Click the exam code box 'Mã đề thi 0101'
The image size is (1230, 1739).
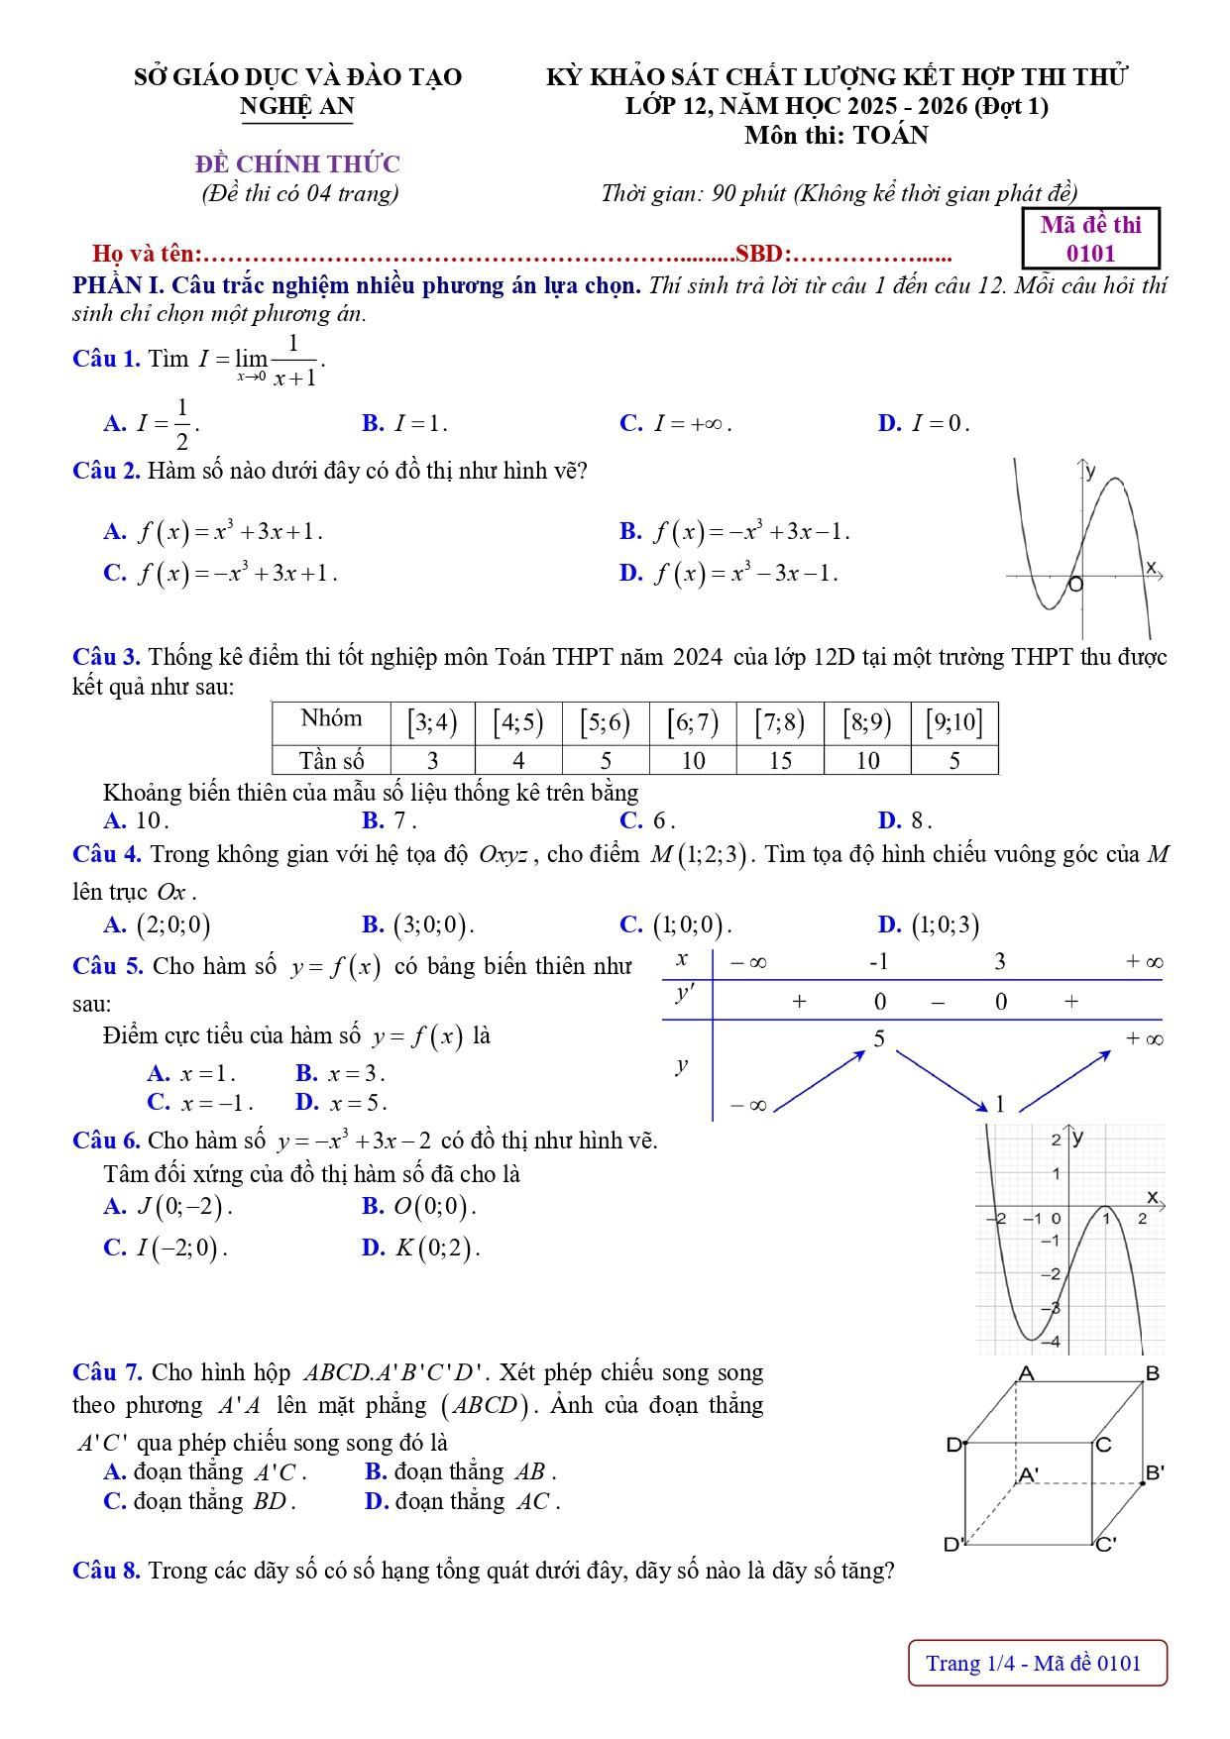(1090, 239)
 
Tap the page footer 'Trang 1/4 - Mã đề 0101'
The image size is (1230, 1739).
(1037, 1663)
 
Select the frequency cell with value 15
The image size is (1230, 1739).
(780, 761)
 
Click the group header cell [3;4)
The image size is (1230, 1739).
(433, 722)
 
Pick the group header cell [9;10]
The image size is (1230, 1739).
(953, 722)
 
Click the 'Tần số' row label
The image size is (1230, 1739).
(332, 761)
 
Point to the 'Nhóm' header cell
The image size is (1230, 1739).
(332, 719)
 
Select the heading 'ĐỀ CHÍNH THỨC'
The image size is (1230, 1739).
(297, 163)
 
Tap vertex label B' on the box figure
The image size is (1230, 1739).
(1155, 1472)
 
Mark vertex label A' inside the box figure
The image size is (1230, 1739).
(1029, 1475)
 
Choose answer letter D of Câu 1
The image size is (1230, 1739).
(887, 424)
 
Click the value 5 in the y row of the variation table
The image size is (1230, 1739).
(879, 1038)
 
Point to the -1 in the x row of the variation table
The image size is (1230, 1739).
(878, 961)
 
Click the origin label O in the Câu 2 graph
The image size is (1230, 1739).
(1076, 586)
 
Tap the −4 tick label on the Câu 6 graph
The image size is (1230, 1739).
(1052, 1342)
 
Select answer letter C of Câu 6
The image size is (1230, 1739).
(113, 1248)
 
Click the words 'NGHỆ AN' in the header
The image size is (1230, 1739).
(296, 106)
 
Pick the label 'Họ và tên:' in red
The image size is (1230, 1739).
(147, 255)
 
